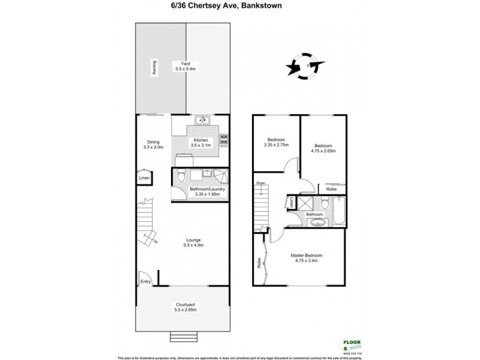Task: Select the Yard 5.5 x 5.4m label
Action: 181,66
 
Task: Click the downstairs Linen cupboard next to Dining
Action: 145,178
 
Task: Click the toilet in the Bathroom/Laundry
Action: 181,176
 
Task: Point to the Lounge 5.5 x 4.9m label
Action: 193,244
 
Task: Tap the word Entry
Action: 145,281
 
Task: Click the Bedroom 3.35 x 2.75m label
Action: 276,142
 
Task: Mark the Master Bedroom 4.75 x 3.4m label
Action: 308,259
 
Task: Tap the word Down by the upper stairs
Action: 260,183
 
